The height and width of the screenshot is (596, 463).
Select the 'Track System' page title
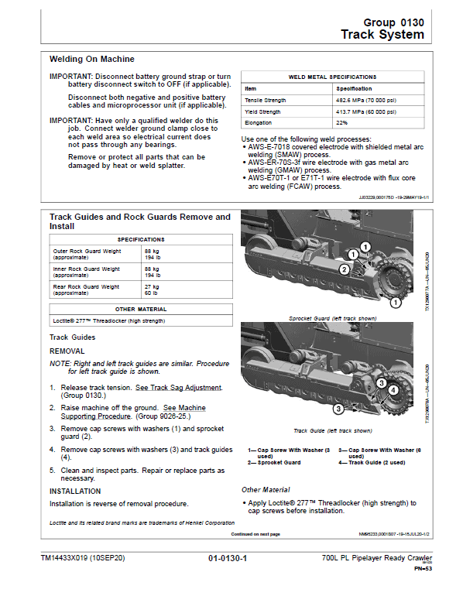[382, 35]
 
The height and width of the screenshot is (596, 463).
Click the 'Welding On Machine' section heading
[91, 59]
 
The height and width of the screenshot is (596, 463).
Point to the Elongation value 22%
[342, 122]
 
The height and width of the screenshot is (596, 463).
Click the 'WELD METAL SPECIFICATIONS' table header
[332, 77]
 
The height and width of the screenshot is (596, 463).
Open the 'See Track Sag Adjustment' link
[178, 388]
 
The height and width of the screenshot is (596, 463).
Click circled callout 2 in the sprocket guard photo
[343, 269]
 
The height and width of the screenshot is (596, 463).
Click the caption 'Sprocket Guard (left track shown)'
[332, 318]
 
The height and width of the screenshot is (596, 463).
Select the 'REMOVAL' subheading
[67, 351]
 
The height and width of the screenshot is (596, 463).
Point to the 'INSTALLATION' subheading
[75, 491]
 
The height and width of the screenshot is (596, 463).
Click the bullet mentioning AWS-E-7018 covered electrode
[333, 150]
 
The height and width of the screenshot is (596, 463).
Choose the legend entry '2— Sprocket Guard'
[274, 462]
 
